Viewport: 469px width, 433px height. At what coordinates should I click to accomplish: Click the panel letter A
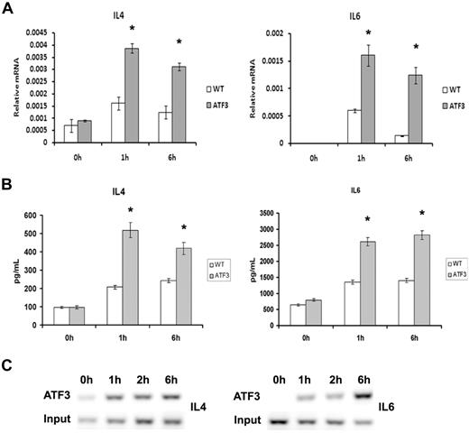7,8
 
